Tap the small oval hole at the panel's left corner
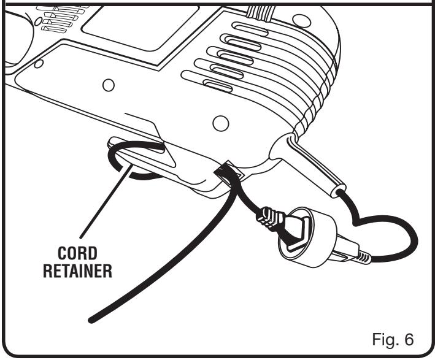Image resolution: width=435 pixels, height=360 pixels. pyautogui.click(x=39, y=63)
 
